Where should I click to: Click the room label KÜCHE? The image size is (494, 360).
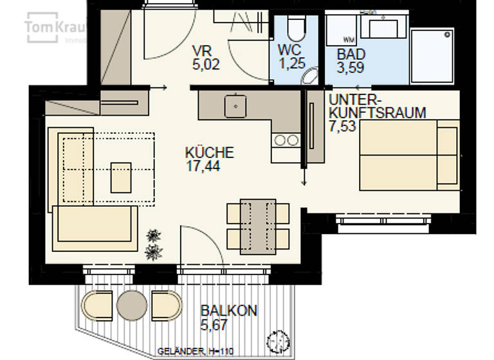point(209,153)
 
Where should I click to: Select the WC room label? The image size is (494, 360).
point(290,50)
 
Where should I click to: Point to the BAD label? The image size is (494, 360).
point(351,53)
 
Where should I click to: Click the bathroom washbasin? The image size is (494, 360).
point(382,28)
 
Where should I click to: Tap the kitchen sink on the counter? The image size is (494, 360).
point(236,104)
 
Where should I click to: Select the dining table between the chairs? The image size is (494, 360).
point(257,226)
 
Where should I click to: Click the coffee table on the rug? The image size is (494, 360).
point(121,177)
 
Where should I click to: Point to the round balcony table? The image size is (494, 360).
point(133,305)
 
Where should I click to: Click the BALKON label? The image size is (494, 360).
point(228,311)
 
